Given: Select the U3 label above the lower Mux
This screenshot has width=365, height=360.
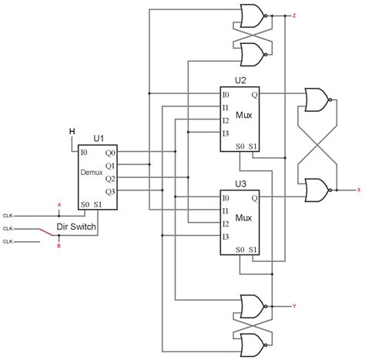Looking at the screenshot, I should [x=240, y=184].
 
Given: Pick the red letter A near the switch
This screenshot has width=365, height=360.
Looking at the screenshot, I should [x=59, y=204].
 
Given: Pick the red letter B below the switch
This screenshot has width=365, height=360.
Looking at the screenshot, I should [x=59, y=247].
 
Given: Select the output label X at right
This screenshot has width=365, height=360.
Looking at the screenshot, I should [x=358, y=189].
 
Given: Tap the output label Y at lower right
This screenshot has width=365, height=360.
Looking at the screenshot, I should [x=295, y=306].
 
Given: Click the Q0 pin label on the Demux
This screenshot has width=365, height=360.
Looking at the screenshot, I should [x=109, y=152].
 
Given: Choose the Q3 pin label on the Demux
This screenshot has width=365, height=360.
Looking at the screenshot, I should [x=109, y=190].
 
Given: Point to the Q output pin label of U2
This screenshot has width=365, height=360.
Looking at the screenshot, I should [x=255, y=94].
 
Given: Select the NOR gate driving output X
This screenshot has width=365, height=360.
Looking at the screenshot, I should [x=316, y=189].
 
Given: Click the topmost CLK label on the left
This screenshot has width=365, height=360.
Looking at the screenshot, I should [x=8, y=215].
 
